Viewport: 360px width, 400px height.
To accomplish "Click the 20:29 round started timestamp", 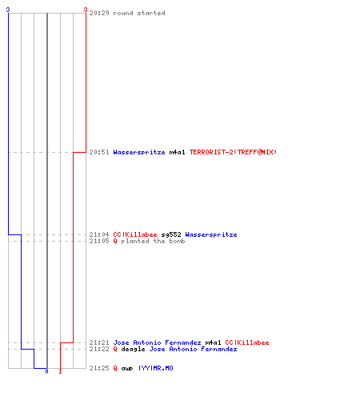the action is pos(99,13).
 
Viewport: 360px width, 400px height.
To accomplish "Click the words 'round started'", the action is pos(139,13).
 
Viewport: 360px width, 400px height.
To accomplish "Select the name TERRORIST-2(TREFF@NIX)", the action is pos(233,152).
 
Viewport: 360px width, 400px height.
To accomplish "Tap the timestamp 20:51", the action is pos(99,152).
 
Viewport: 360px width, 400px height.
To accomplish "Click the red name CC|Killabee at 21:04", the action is pos(135,234).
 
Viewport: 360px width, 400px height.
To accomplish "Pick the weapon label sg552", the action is pos(171,234).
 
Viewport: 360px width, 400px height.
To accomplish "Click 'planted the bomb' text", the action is pos(153,241).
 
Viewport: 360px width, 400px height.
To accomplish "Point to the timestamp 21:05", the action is pos(99,241).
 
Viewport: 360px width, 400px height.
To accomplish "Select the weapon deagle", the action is pos(133,349).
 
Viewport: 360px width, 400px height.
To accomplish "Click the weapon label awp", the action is pos(127,368).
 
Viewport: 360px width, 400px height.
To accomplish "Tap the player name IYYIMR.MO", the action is pos(156,368).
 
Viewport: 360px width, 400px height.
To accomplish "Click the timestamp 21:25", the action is pos(99,368).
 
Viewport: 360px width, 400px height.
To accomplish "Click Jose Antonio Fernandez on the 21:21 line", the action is pos(157,342).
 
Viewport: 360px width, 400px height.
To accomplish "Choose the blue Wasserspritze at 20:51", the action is pos(139,152).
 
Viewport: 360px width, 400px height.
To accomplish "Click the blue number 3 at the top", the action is pos(8,10).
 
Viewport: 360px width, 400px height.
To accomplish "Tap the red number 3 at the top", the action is pos(86,10).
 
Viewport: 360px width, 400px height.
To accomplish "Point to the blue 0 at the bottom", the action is pos(46,371).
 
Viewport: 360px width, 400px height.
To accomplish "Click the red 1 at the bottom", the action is pos(60,371).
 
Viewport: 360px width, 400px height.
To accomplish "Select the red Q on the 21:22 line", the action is pos(115,349).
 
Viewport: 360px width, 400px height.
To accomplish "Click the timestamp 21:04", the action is pos(99,234).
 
